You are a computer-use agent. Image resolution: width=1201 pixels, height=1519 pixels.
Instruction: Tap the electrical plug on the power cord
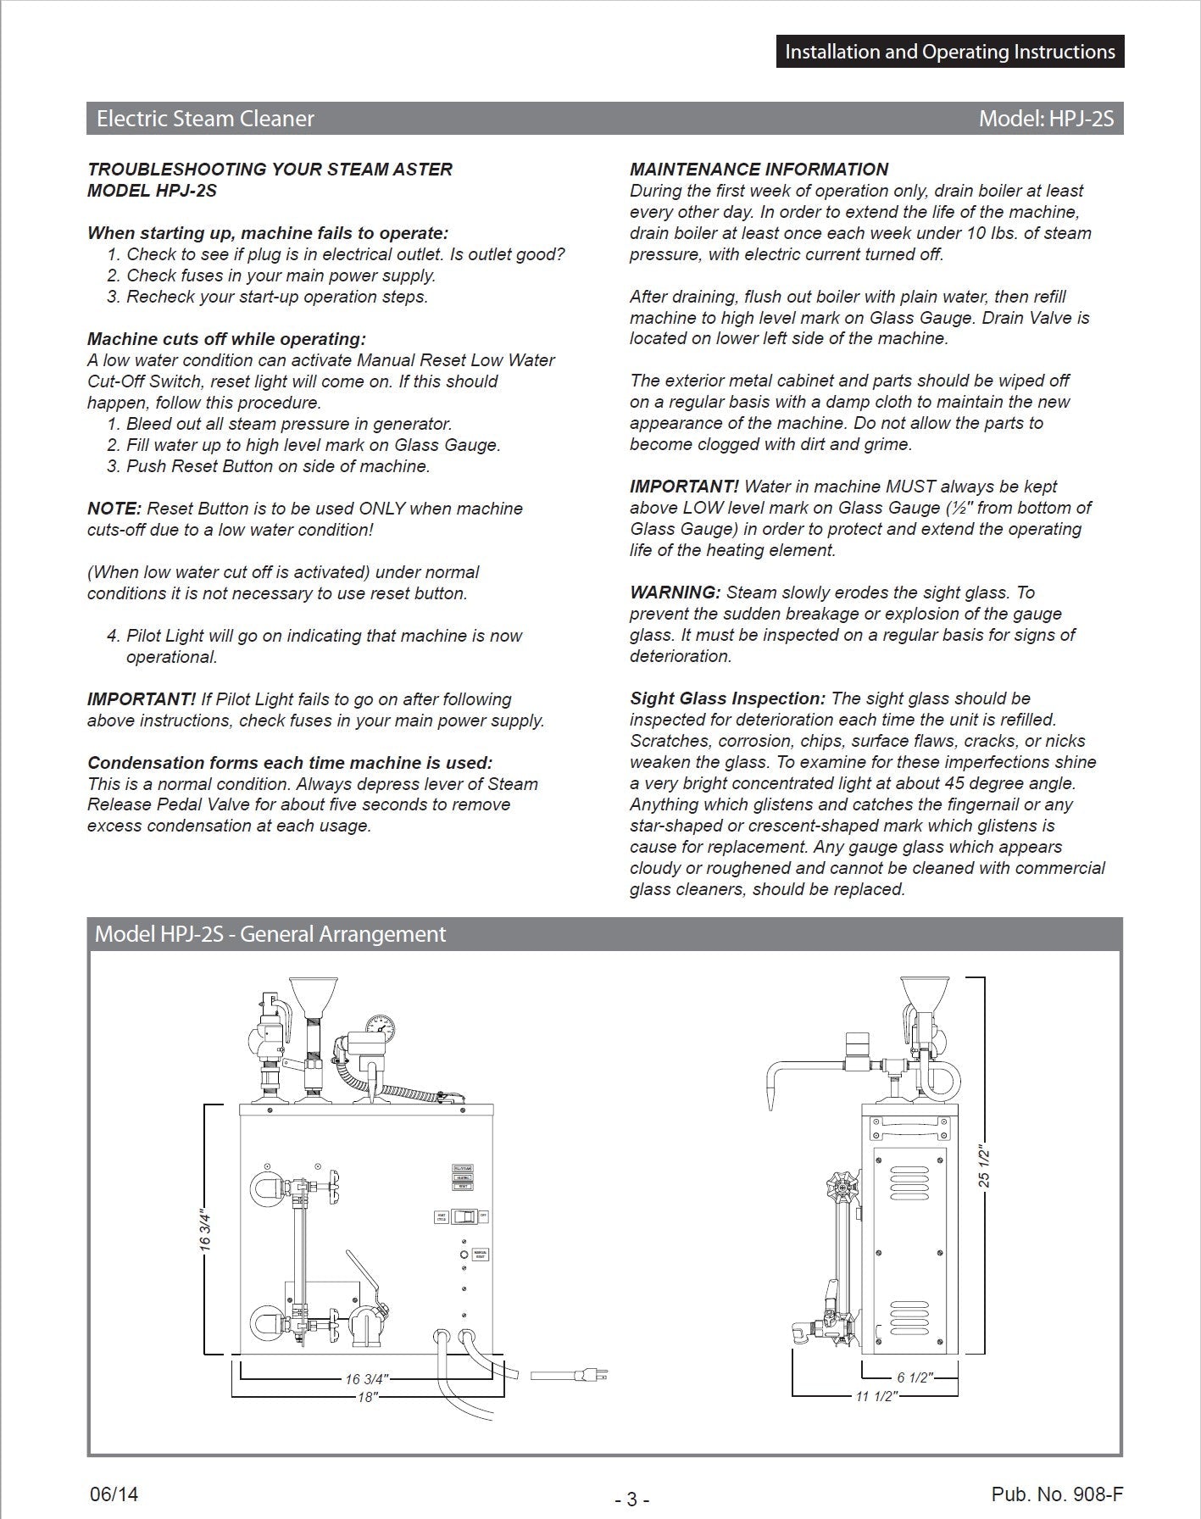click(592, 1377)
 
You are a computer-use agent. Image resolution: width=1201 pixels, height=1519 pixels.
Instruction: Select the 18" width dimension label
click(367, 1397)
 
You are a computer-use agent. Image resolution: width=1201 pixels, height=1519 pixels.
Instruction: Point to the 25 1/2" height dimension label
click(984, 1166)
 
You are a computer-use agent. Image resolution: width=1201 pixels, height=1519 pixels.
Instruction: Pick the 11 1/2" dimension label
click(876, 1396)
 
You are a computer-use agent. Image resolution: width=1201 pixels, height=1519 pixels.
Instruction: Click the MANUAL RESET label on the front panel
click(480, 1255)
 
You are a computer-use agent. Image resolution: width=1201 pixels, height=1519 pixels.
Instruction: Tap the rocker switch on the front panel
click(464, 1217)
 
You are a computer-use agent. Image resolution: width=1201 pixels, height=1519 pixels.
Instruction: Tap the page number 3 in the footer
click(631, 1500)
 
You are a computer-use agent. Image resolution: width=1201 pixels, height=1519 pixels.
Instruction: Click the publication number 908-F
click(1057, 1494)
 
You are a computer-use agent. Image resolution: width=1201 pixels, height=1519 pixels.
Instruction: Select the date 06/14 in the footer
click(114, 1494)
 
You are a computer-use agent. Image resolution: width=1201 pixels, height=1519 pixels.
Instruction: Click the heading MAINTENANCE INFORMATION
click(759, 170)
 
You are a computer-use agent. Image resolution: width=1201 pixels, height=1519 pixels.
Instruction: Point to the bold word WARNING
click(675, 593)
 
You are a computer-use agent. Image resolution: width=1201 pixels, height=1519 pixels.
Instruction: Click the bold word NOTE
click(114, 509)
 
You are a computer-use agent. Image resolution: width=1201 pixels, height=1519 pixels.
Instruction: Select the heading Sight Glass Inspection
click(727, 698)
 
